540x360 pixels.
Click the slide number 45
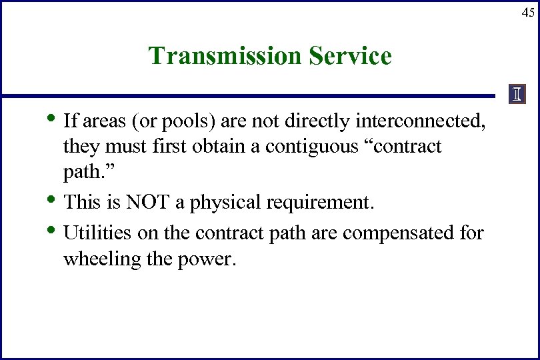527,12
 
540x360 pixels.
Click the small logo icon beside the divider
517,95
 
